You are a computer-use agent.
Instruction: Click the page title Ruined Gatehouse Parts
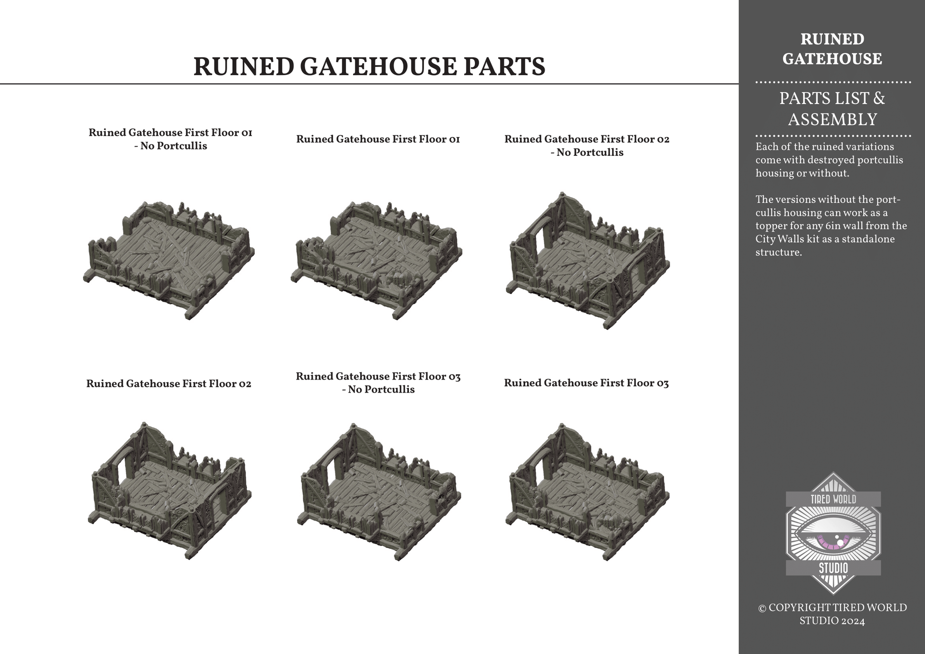point(369,67)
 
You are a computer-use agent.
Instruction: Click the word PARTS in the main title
point(504,67)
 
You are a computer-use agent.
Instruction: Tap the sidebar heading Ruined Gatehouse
point(832,49)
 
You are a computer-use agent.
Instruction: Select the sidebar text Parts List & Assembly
point(832,109)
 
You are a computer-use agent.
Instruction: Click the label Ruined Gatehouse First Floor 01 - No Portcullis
point(170,139)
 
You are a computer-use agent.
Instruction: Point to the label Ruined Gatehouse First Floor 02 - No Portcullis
point(587,145)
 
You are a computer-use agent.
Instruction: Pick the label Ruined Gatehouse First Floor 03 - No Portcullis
point(378,383)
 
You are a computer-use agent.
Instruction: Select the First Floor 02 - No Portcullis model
point(588,260)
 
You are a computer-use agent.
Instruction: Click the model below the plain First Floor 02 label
point(170,490)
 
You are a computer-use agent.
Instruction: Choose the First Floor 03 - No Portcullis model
point(379,491)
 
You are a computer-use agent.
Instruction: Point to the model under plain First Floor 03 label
point(588,491)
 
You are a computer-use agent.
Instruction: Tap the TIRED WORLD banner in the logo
point(833,499)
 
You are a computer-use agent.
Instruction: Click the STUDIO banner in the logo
point(833,568)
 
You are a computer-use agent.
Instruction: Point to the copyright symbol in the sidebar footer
point(762,608)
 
